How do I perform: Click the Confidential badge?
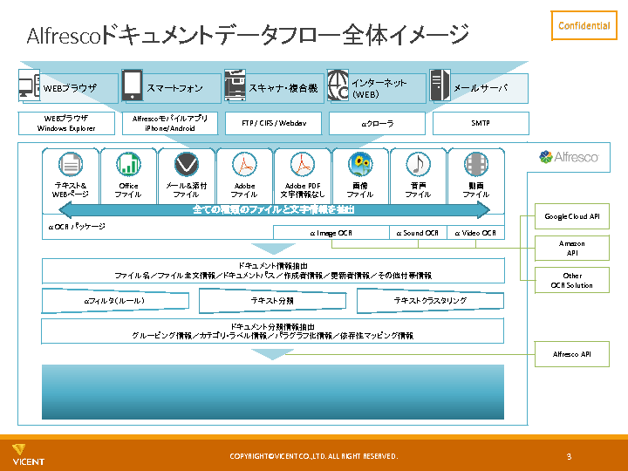(584, 25)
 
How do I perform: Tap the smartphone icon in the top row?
(132, 85)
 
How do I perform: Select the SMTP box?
(481, 123)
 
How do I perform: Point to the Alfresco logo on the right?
(569, 157)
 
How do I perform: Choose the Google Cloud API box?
(571, 216)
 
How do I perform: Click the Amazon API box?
(571, 248)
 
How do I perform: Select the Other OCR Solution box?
(571, 280)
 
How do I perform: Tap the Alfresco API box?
(571, 354)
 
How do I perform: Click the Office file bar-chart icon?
(128, 164)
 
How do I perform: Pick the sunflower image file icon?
(359, 164)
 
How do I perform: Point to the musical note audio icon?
(418, 164)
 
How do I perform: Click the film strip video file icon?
(476, 164)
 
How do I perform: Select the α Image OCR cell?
(331, 233)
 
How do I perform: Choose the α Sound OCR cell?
(418, 233)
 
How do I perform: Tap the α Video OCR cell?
(475, 233)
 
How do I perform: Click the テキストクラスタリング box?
(430, 301)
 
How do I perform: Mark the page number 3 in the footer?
(569, 456)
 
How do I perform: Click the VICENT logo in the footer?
(28, 454)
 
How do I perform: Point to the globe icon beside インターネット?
(338, 85)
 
